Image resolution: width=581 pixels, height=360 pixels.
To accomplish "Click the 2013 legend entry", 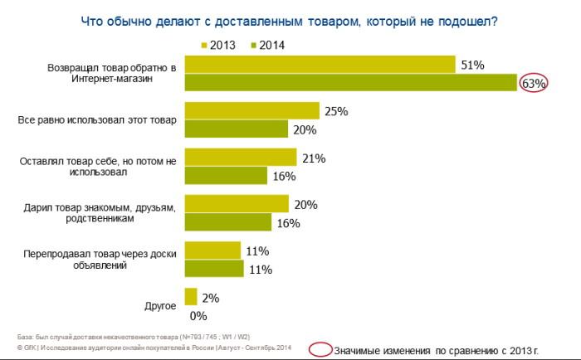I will (220, 45).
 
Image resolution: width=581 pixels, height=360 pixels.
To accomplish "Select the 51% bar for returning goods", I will (320, 65).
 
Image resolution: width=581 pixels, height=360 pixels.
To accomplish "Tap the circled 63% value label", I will (532, 83).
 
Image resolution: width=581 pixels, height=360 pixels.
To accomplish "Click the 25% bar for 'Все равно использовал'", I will (251, 111).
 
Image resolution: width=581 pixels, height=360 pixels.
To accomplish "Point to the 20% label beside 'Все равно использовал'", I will (305, 129).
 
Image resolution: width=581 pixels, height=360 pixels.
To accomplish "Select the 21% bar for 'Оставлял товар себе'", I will (240, 158).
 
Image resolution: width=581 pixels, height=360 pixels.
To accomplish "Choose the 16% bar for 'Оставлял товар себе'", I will (226, 176).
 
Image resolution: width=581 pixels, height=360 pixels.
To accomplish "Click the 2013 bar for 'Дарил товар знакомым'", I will (237, 204).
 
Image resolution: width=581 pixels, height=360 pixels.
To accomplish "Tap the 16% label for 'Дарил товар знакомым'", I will (287, 222).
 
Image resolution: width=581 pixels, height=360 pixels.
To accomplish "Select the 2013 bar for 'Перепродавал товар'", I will (212, 251).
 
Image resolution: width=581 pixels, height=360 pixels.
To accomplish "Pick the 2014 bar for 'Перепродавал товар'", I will (213, 269).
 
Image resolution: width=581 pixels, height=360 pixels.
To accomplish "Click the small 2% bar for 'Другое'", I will (190, 297).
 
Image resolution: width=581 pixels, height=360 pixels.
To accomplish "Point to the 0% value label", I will (198, 315).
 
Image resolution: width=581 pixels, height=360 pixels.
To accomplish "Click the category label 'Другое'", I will (160, 306).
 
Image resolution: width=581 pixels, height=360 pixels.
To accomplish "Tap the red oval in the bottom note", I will (320, 349).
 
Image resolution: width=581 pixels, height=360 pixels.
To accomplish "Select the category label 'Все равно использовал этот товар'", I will (98, 120).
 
